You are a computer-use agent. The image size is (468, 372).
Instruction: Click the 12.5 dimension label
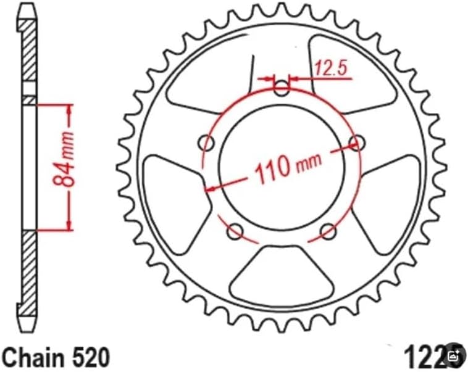pyautogui.click(x=330, y=68)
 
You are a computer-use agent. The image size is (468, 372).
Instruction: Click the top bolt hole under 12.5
pyautogui.click(x=282, y=88)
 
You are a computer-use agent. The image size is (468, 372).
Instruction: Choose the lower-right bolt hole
pyautogui.click(x=328, y=231)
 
